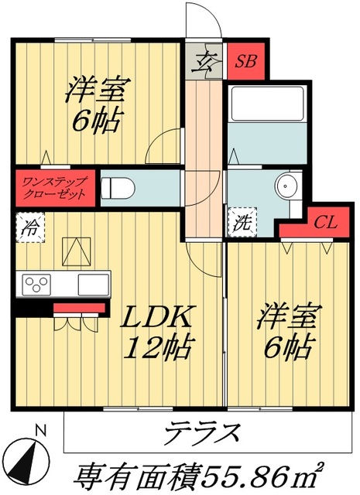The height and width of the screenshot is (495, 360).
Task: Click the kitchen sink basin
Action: click(x=92, y=284)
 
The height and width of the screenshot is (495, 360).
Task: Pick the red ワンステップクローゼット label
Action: click(x=54, y=187)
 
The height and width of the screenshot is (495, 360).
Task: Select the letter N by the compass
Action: click(x=43, y=430)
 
